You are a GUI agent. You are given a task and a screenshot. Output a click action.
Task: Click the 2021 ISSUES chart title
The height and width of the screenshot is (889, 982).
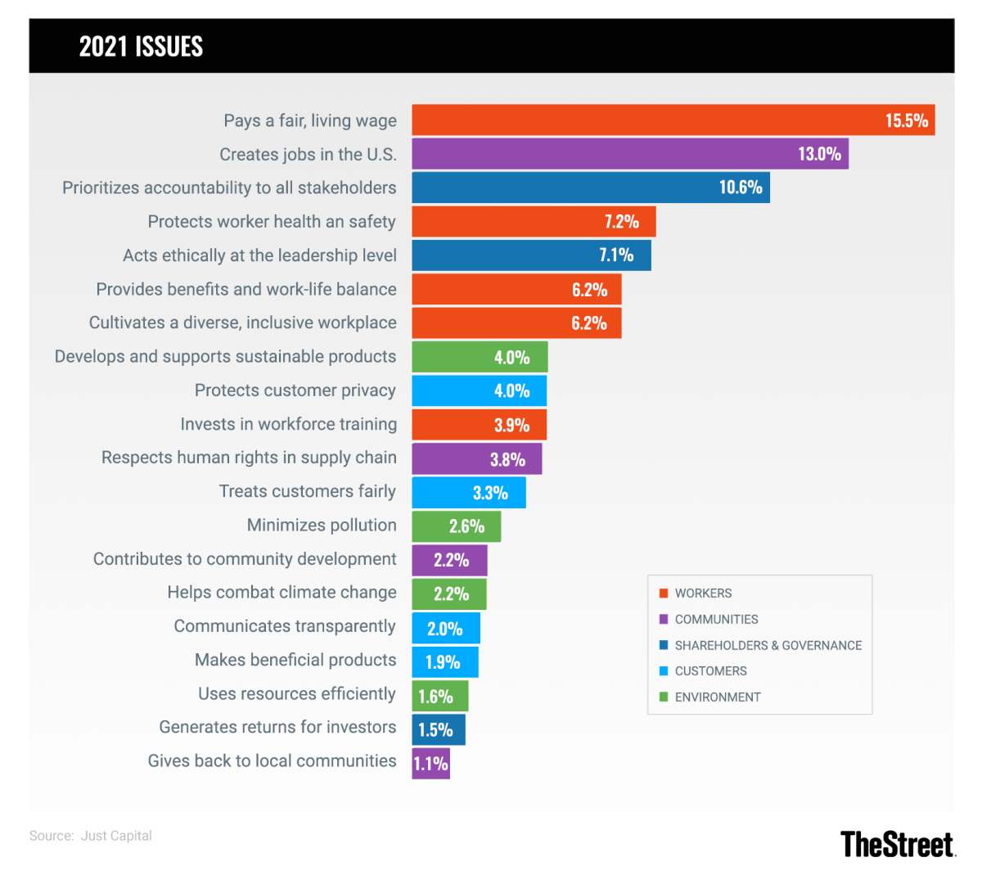[141, 47]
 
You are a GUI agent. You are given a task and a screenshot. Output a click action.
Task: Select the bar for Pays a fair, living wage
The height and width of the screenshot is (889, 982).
[673, 120]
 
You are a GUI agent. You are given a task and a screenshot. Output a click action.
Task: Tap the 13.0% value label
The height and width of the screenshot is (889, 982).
[819, 154]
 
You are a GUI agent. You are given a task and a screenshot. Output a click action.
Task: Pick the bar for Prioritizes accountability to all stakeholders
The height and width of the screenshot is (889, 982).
[590, 187]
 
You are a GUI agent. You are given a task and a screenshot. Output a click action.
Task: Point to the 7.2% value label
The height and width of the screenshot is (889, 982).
[621, 222]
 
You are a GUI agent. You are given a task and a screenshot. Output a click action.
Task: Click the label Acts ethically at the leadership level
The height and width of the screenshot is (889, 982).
[259, 255]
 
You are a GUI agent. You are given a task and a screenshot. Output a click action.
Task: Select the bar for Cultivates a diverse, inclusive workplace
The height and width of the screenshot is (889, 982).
[516, 323]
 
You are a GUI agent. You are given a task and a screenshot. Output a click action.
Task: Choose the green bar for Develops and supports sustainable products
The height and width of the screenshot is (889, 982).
[480, 357]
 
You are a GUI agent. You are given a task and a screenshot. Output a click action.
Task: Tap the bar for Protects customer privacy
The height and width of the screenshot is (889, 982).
[479, 390]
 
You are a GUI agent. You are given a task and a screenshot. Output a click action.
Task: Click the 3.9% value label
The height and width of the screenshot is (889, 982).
[511, 425]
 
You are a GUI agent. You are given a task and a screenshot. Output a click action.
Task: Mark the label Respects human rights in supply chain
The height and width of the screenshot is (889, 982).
[249, 458]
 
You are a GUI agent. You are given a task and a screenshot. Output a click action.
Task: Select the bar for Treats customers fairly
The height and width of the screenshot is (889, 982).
[468, 493]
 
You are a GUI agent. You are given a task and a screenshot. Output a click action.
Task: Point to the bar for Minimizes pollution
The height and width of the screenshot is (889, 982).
[456, 526]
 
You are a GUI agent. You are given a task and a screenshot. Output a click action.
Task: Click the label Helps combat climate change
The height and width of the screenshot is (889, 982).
[282, 593]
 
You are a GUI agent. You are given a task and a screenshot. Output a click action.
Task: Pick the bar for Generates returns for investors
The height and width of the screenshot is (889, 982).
[438, 729]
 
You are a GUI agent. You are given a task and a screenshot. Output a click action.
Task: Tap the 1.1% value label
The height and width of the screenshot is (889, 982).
[430, 764]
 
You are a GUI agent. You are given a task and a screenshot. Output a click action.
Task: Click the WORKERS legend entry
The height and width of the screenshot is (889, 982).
[703, 593]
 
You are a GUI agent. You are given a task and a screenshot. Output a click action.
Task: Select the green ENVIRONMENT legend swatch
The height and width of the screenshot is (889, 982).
[664, 697]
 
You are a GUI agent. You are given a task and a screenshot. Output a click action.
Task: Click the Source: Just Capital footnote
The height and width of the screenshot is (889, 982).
[91, 836]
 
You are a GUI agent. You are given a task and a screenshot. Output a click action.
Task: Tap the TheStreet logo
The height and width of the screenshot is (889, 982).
[897, 844]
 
